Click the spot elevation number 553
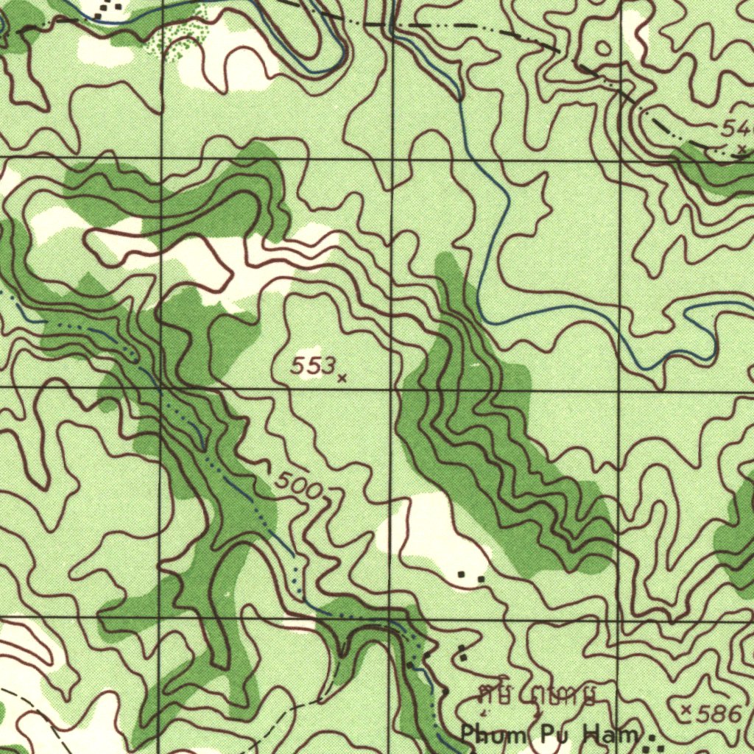click(313, 366)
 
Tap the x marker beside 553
click(342, 378)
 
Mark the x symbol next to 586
click(686, 710)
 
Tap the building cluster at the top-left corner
click(109, 7)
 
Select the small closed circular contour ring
click(603, 49)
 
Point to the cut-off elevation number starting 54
click(736, 130)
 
